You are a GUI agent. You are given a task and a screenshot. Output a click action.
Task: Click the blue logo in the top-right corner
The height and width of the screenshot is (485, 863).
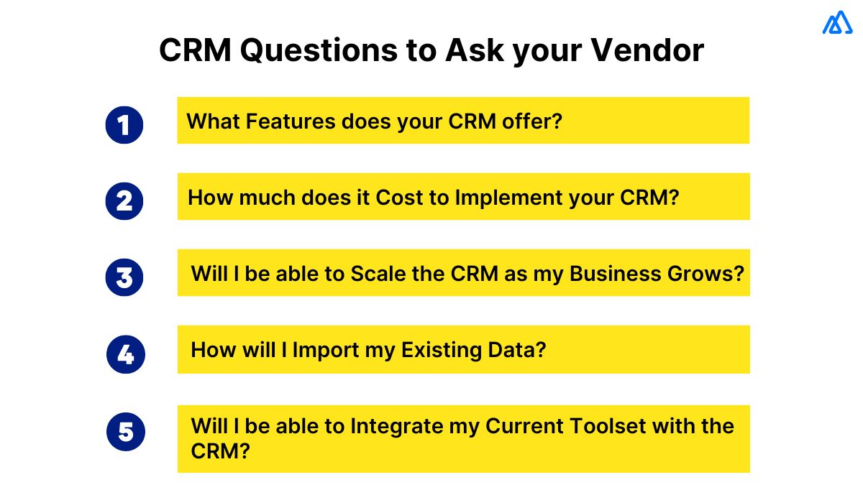click(x=836, y=23)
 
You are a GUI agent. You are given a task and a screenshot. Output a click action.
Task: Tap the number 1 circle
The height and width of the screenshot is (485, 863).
click(x=124, y=125)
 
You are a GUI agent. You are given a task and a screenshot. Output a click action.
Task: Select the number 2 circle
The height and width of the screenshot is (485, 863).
click(x=124, y=200)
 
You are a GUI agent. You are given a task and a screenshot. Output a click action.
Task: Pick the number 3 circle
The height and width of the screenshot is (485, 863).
click(x=124, y=277)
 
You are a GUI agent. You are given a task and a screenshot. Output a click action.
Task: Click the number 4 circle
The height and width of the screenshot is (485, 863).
click(x=125, y=354)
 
